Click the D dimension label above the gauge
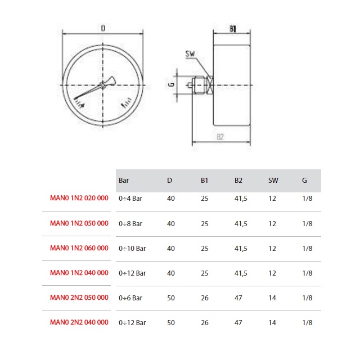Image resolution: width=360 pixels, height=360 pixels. click(x=103, y=28)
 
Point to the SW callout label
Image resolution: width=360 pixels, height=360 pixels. click(x=190, y=54)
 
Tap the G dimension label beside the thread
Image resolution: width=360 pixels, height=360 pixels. click(x=171, y=85)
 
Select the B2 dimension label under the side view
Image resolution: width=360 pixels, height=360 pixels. click(x=220, y=137)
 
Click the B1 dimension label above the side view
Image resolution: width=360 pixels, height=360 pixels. click(x=233, y=29)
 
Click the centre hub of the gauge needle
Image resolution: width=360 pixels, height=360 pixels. click(x=102, y=85)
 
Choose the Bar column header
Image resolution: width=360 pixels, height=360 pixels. click(x=124, y=181)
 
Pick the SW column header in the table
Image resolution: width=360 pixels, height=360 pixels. click(x=273, y=181)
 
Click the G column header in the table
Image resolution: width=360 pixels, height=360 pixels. click(x=304, y=181)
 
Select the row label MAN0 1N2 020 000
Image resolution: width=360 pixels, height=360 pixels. click(x=79, y=198)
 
